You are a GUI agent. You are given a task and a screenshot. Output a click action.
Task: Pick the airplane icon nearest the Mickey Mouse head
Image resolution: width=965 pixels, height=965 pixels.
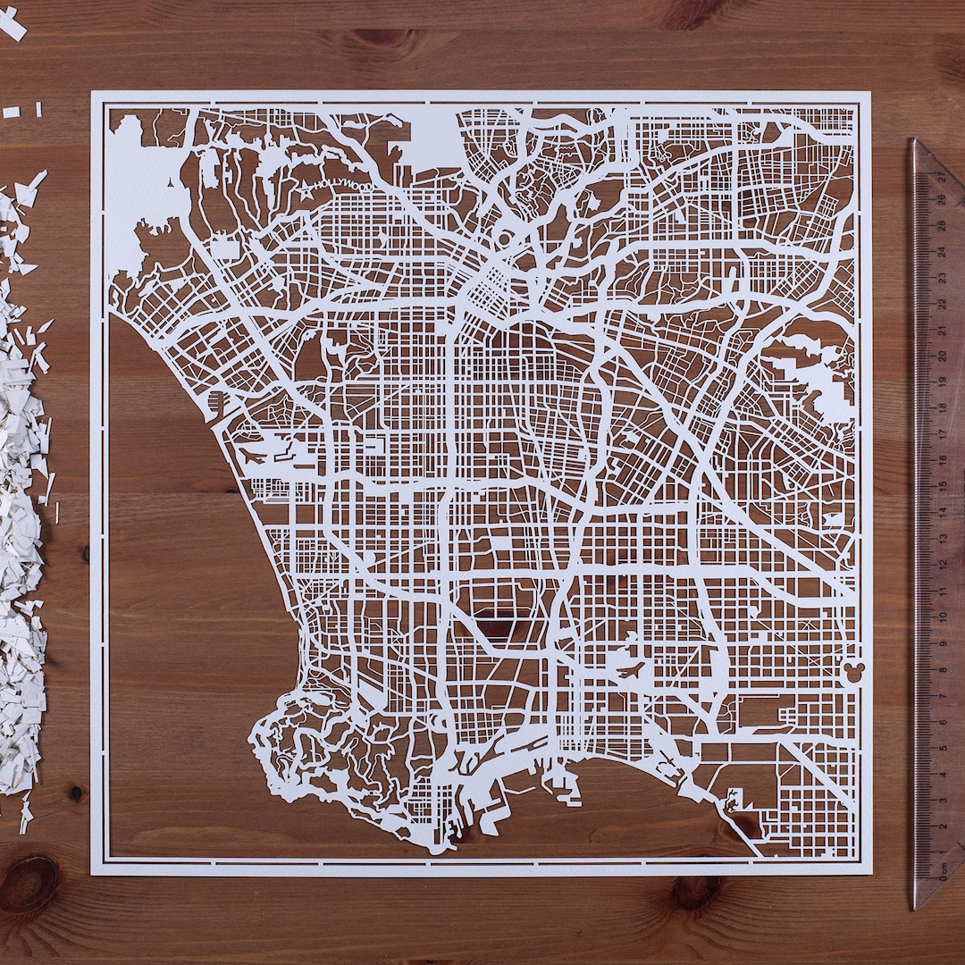pos(631,667)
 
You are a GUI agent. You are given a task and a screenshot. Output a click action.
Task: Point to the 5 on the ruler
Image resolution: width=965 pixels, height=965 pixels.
pos(941,746)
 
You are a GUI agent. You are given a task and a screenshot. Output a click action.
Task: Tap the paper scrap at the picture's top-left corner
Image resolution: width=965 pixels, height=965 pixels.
pos(12,24)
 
